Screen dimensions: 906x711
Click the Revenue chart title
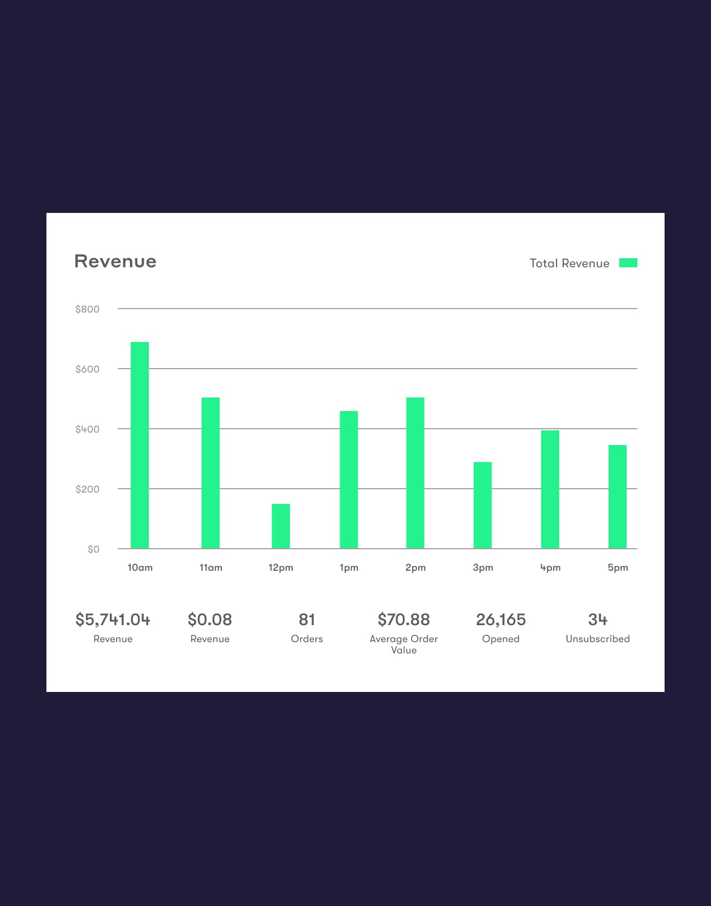click(x=115, y=261)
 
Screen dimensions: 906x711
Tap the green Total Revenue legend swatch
click(x=628, y=263)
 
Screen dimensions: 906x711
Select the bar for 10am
click(x=140, y=445)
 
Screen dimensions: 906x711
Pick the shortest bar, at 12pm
click(x=281, y=526)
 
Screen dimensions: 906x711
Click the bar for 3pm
click(x=483, y=505)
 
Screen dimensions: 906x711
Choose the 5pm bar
click(x=618, y=497)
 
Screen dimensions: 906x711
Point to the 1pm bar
click(x=349, y=480)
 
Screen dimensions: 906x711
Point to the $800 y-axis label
click(x=87, y=309)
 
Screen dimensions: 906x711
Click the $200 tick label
click(x=87, y=489)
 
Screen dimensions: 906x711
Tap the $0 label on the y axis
click(x=93, y=549)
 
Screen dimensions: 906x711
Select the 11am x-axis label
click(x=211, y=567)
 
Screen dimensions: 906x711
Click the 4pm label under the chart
click(x=550, y=567)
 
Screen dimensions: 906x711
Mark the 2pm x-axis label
click(x=416, y=567)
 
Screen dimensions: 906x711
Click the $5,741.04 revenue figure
click(x=113, y=619)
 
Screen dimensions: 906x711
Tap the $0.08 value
click(x=209, y=619)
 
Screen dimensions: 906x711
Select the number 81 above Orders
click(x=307, y=619)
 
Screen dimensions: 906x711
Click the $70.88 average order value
click(x=404, y=619)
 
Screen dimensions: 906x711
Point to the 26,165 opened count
click(x=501, y=619)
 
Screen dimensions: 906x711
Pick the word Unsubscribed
click(x=598, y=639)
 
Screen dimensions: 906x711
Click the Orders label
click(x=307, y=639)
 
